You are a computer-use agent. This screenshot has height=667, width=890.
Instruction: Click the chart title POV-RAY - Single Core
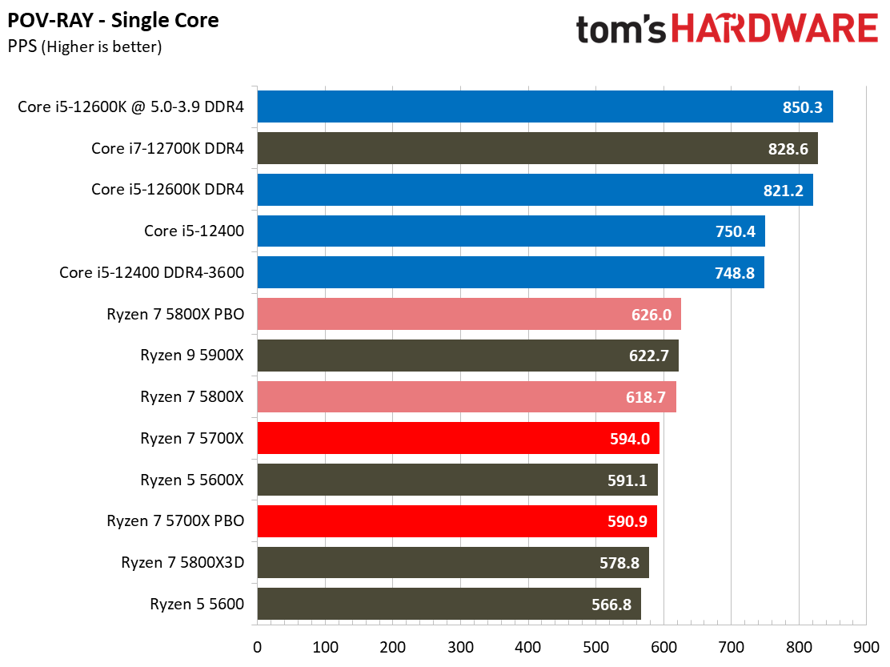pyautogui.click(x=113, y=19)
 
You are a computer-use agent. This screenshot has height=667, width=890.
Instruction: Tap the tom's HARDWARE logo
pyautogui.click(x=727, y=30)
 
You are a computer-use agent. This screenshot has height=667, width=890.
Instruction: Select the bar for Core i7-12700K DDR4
pyautogui.click(x=537, y=148)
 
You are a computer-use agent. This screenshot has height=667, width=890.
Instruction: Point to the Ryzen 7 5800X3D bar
pyautogui.click(x=452, y=563)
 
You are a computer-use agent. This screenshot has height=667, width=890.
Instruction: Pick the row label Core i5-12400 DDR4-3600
pyautogui.click(x=151, y=273)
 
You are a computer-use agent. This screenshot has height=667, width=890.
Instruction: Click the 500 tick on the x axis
pyautogui.click(x=595, y=647)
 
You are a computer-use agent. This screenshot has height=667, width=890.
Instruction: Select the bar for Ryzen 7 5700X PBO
pyautogui.click(x=456, y=521)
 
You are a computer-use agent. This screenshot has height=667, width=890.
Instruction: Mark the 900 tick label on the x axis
pyautogui.click(x=866, y=647)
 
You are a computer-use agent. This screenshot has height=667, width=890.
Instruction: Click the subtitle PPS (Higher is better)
pyautogui.click(x=85, y=46)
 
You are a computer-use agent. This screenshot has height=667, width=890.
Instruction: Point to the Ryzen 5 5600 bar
pyautogui.click(x=448, y=605)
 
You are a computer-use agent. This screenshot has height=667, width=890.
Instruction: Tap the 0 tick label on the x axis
pyautogui.click(x=257, y=647)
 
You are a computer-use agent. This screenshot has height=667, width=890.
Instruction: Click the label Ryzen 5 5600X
pyautogui.click(x=192, y=480)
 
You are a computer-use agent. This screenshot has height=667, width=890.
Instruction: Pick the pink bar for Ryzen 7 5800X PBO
pyautogui.click(x=468, y=314)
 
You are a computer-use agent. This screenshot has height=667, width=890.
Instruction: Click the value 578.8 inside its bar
pyautogui.click(x=619, y=563)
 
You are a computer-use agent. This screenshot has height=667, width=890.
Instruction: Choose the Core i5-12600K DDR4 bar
pyautogui.click(x=535, y=190)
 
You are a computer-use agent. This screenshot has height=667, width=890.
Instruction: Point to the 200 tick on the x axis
pyautogui.click(x=392, y=647)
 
